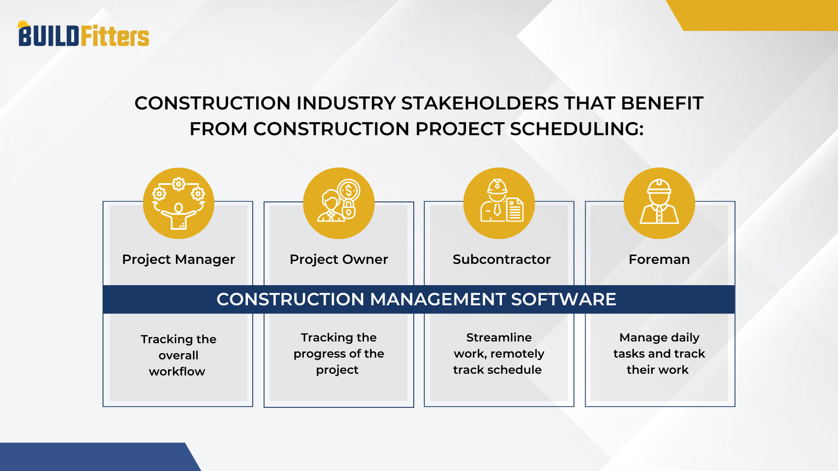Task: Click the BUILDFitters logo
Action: pos(83,35)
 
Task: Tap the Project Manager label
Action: pos(179,259)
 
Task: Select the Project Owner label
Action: pos(339,259)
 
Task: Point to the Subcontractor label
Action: pos(501,259)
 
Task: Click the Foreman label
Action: pos(659,259)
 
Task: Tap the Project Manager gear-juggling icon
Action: pos(179,203)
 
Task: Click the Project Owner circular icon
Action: pos(339,203)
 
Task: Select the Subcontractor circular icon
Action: pos(499,203)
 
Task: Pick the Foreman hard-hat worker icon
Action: pos(659,203)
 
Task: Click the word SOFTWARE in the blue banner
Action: pos(563,300)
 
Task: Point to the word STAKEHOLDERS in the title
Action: pos(480,103)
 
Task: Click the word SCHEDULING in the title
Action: pos(577,129)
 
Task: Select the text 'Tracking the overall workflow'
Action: pos(178,355)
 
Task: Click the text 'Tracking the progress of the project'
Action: pos(339,354)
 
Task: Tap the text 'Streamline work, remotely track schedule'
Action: pos(498,354)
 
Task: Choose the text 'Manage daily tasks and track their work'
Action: pos(659,354)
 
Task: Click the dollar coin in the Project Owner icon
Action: pos(348,191)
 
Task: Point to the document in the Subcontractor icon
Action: pos(515,210)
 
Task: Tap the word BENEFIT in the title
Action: pos(662,103)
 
